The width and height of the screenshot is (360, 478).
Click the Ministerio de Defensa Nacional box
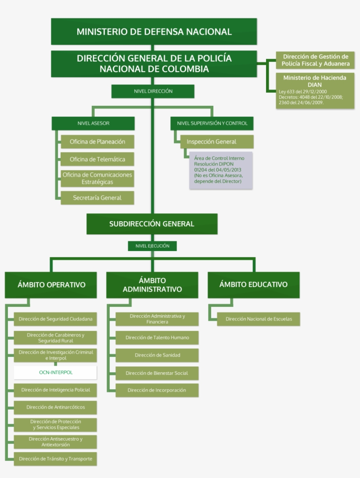(x=154, y=32)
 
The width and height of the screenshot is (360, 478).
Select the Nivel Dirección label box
(x=153, y=91)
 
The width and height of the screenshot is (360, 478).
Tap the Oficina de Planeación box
(x=97, y=142)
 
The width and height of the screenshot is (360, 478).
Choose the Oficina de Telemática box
(x=97, y=159)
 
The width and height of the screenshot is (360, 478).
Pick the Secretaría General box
(x=97, y=198)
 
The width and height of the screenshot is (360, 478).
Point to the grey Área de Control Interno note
(x=221, y=170)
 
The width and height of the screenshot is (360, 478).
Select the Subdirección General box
(x=152, y=224)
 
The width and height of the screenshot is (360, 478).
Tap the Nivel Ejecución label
(x=152, y=246)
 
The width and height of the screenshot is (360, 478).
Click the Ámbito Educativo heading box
(x=253, y=284)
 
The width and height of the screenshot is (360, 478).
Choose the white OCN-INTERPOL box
(x=56, y=372)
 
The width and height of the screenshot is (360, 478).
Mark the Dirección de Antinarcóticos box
(x=56, y=407)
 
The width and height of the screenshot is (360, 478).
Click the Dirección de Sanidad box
(x=157, y=355)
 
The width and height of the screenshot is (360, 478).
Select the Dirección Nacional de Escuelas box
(x=259, y=319)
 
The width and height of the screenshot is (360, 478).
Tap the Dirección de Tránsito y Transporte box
(x=56, y=459)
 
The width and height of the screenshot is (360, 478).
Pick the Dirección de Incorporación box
(x=157, y=390)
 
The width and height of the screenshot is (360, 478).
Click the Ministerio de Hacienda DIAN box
(x=315, y=91)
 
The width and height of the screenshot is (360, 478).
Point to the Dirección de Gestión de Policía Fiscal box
(x=315, y=60)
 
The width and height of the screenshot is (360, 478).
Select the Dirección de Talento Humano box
(x=157, y=338)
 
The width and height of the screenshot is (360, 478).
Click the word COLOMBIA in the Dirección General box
(x=184, y=69)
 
